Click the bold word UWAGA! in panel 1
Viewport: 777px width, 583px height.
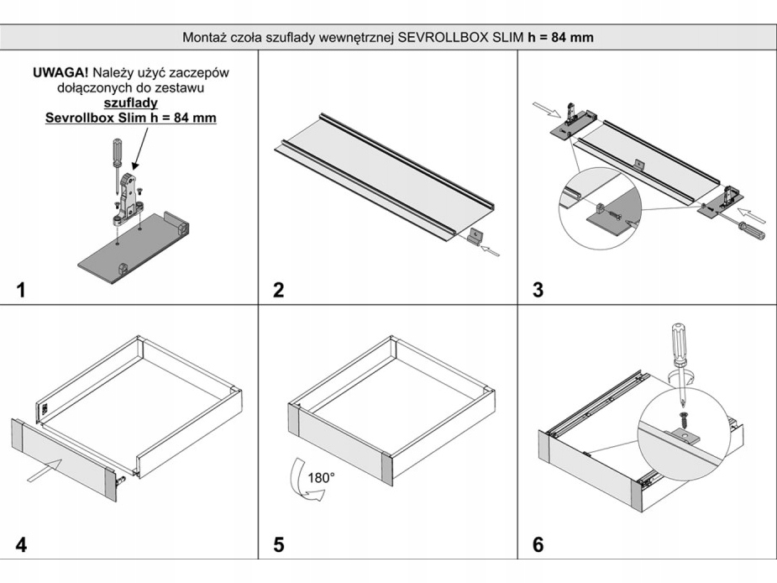tap(67, 72)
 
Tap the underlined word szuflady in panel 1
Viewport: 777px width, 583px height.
tap(130, 102)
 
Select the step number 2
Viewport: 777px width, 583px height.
tap(278, 291)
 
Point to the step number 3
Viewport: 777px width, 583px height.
tap(538, 291)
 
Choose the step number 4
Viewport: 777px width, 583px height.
tap(21, 544)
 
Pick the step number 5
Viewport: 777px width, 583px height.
tap(278, 544)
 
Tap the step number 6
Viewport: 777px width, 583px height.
tap(538, 544)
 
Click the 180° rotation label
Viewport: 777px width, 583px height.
tap(321, 476)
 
